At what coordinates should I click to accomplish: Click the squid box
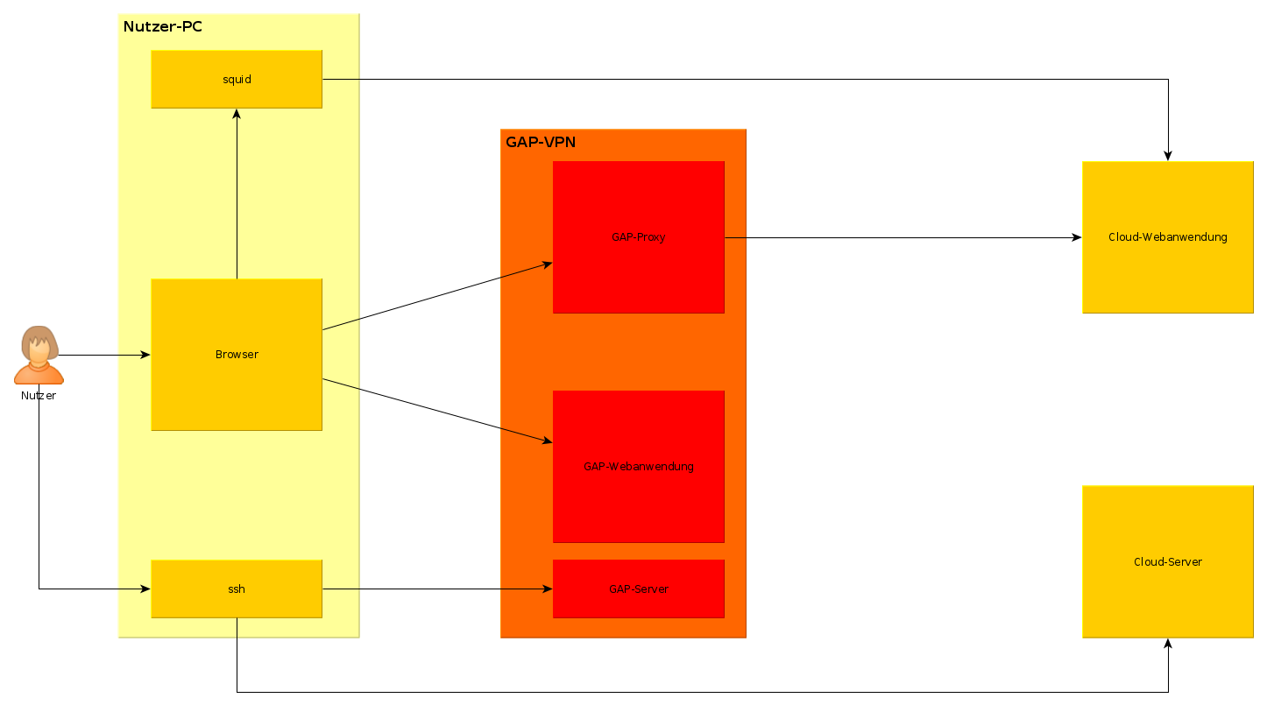pyautogui.click(x=237, y=79)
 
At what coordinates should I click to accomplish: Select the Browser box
pyautogui.click(x=237, y=355)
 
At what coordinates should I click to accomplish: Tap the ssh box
pyautogui.click(x=237, y=589)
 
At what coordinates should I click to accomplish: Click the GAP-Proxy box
pyautogui.click(x=638, y=236)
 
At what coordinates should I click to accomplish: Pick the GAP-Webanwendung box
pyautogui.click(x=638, y=466)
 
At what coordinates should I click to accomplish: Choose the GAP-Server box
pyautogui.click(x=638, y=589)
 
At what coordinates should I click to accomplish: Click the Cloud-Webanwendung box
pyautogui.click(x=1167, y=236)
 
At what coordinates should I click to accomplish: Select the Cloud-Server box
pyautogui.click(x=1167, y=561)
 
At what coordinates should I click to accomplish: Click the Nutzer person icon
pyautogui.click(x=39, y=356)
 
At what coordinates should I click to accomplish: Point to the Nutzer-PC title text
pyautogui.click(x=163, y=26)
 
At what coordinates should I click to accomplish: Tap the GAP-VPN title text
pyautogui.click(x=541, y=142)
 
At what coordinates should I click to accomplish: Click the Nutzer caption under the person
pyautogui.click(x=39, y=396)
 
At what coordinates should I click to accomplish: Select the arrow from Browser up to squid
pyautogui.click(x=237, y=193)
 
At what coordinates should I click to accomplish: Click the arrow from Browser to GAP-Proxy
pyautogui.click(x=438, y=295)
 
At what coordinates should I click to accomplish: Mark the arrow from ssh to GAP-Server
pyautogui.click(x=438, y=589)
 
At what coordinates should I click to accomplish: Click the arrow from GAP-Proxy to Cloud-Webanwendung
pyautogui.click(x=902, y=237)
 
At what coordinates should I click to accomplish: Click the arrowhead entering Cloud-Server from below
pyautogui.click(x=1167, y=644)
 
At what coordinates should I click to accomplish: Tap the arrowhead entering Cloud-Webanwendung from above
pyautogui.click(x=1167, y=155)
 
